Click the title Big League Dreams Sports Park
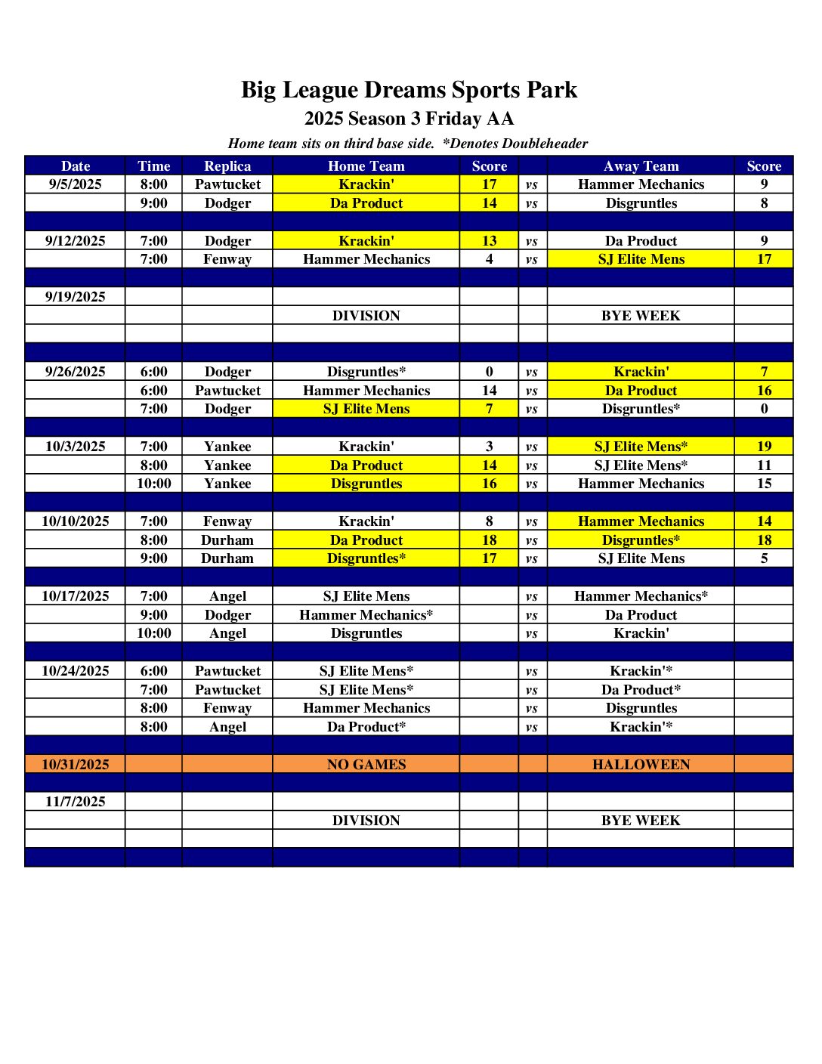point(409,90)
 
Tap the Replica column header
point(227,166)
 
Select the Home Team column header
point(366,166)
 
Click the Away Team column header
point(641,166)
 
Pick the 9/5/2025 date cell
point(75,184)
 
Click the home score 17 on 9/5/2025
point(489,184)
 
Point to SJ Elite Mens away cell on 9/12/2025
point(641,259)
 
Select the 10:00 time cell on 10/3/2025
point(153,484)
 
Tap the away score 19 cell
point(764,447)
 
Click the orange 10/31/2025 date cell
point(75,764)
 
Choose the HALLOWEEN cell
point(641,764)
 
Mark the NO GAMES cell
point(366,764)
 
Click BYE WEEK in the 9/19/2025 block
point(641,316)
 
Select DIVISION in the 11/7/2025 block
point(366,821)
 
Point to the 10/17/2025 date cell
point(75,596)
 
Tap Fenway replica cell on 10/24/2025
point(227,708)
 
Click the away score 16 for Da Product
point(764,391)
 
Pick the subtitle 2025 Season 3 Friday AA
point(409,119)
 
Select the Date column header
point(75,166)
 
